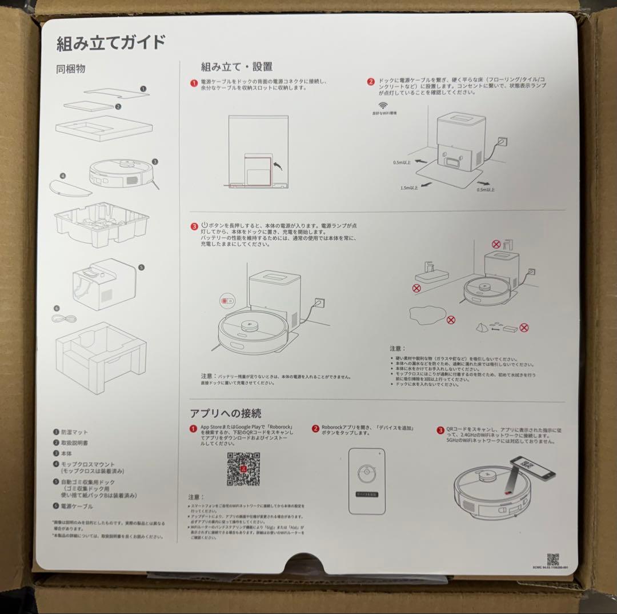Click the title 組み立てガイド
[x=111, y=43]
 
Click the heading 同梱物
[x=71, y=70]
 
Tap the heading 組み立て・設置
[x=237, y=67]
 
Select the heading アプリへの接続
[x=226, y=413]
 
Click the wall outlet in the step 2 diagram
[x=502, y=140]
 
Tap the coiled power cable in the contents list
[x=63, y=318]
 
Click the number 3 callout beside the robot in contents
[x=154, y=162]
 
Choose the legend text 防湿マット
[x=75, y=432]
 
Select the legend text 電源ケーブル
[x=77, y=506]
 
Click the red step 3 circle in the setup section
[x=194, y=226]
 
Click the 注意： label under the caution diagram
[x=398, y=348]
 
